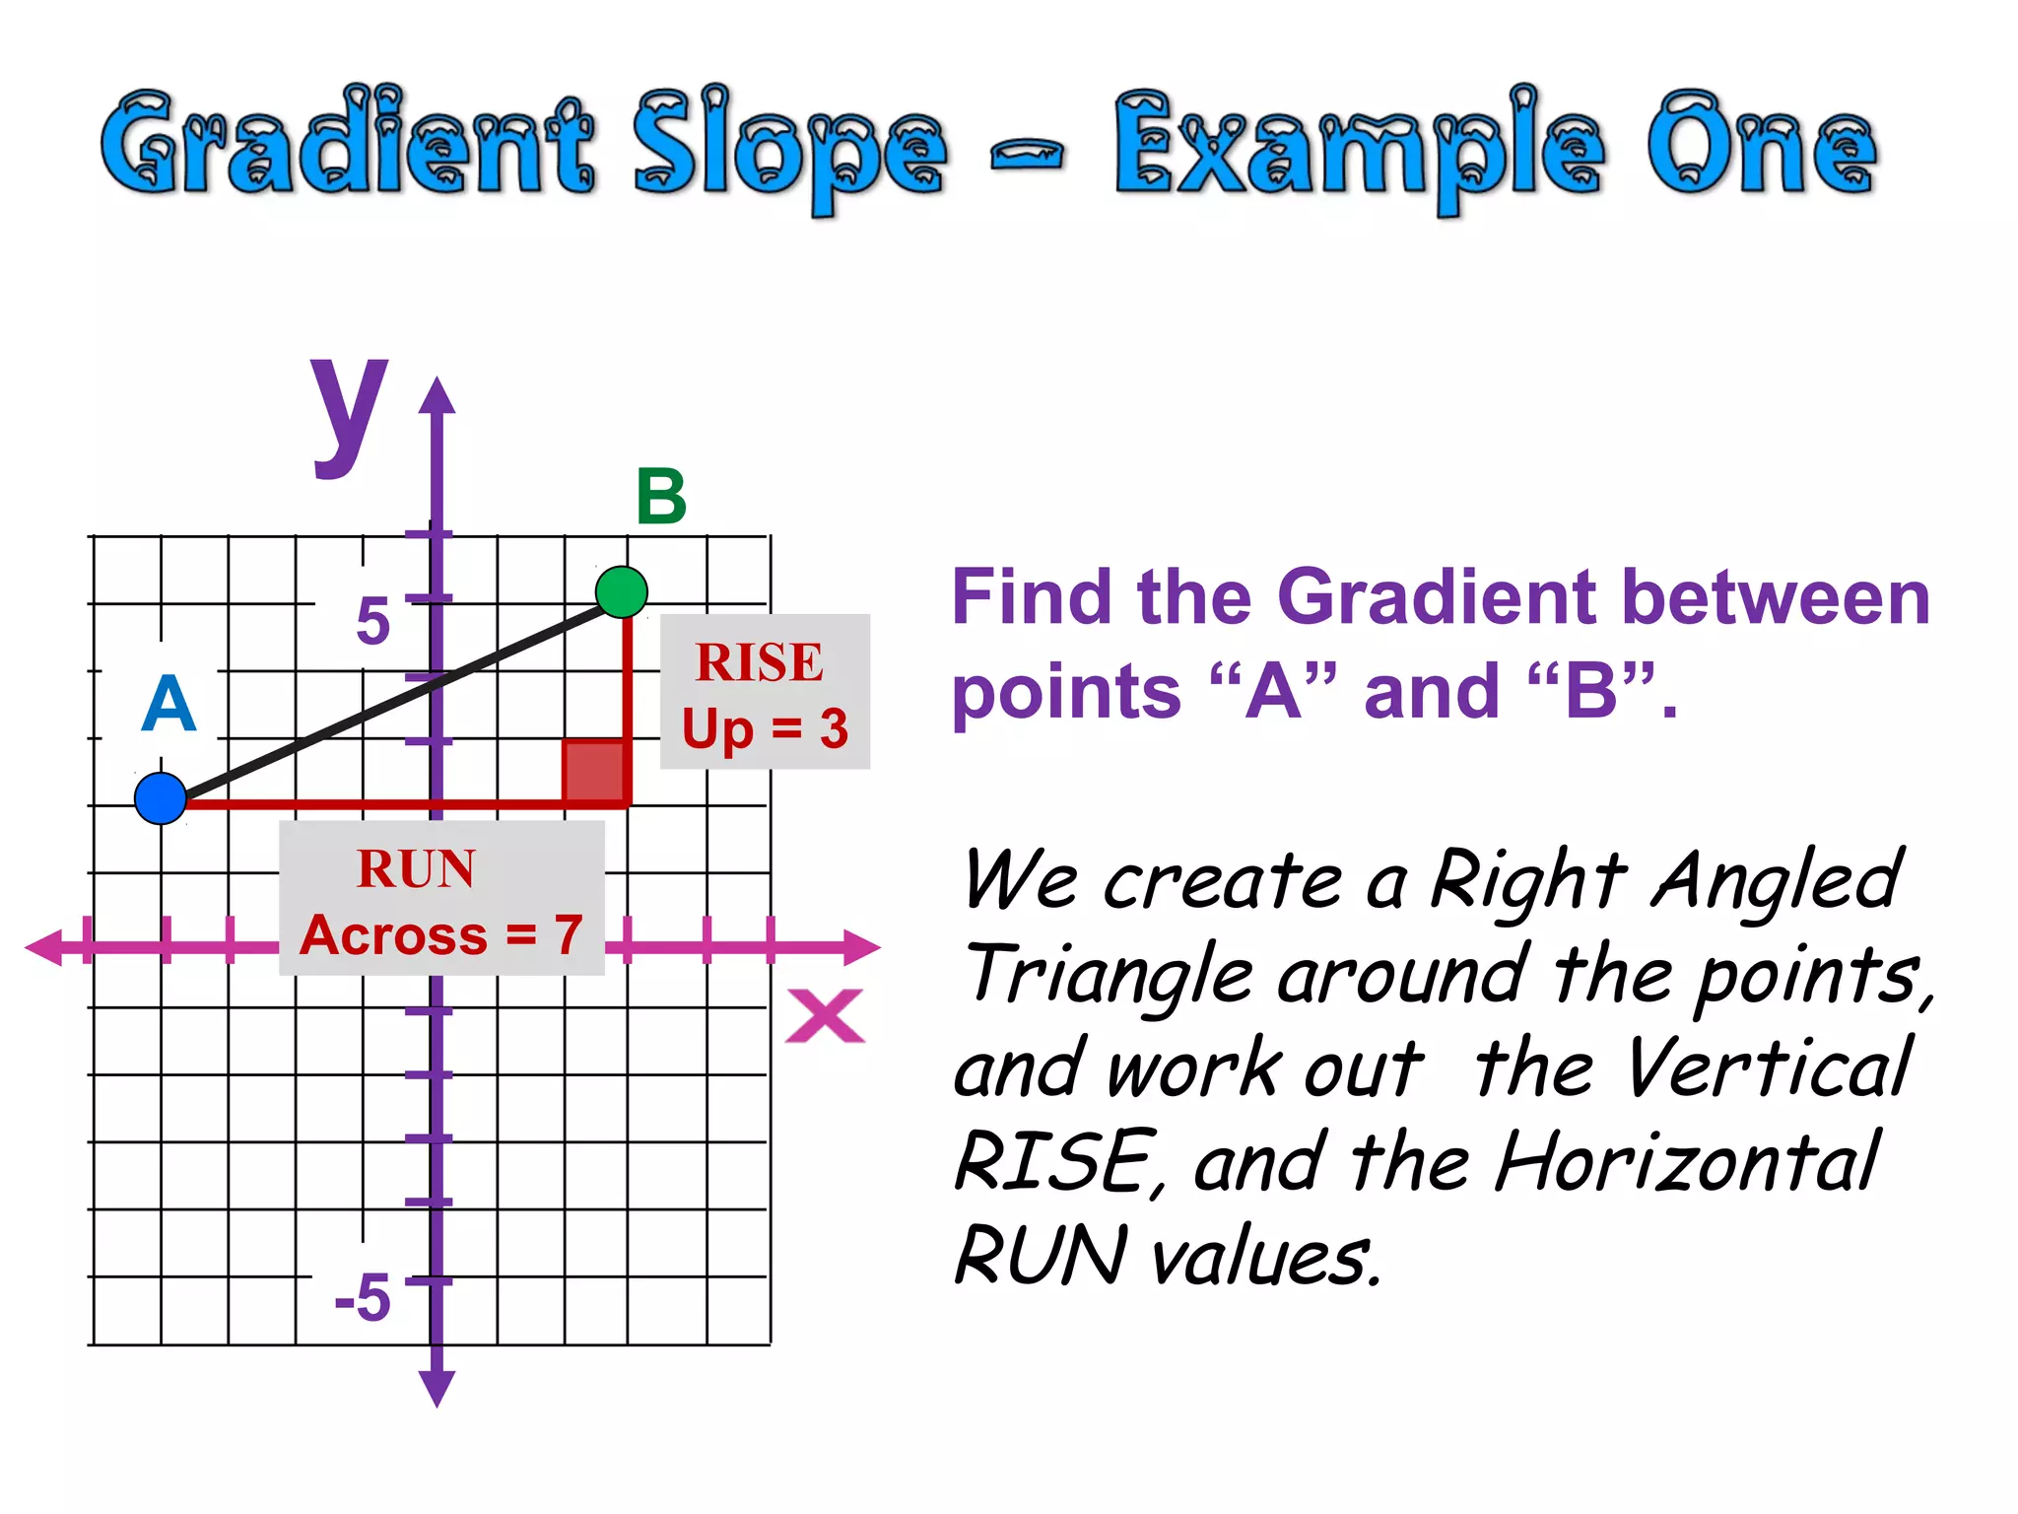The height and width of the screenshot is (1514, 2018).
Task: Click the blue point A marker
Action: (x=161, y=798)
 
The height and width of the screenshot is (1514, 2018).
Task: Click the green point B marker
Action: (x=622, y=592)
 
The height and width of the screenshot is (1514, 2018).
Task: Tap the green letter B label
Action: (x=661, y=497)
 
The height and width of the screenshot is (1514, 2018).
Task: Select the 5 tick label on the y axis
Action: (x=373, y=622)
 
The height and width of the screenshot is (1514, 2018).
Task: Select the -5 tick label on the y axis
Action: (x=363, y=1297)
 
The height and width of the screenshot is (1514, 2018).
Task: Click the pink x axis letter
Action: (x=825, y=1016)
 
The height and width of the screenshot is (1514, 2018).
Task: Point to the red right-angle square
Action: (x=593, y=771)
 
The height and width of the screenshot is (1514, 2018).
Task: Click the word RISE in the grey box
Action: (x=759, y=661)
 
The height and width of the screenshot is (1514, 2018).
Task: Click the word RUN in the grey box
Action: (x=416, y=869)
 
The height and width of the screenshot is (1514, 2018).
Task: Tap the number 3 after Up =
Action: (x=834, y=729)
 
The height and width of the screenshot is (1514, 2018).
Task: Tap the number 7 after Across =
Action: (x=568, y=934)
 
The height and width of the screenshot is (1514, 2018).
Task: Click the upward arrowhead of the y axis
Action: (x=437, y=396)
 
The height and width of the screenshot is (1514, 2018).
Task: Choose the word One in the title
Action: (x=1762, y=146)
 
